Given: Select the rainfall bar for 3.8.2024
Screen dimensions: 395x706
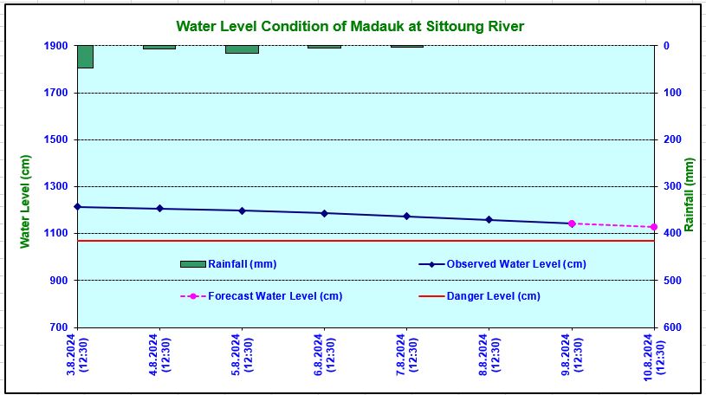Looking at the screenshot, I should [x=85, y=56].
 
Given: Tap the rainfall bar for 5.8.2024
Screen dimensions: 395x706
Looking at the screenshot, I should [x=242, y=49].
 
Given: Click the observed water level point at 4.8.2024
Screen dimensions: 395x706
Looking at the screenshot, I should [x=159, y=209].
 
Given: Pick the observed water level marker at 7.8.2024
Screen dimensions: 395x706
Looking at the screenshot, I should [x=406, y=217].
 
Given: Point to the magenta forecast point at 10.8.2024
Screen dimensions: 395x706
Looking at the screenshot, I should [x=654, y=227].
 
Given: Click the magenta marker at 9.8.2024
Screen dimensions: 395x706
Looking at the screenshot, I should [x=572, y=223].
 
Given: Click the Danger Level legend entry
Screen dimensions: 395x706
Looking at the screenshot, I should [x=493, y=296].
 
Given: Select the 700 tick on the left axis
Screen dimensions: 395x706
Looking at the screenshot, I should [x=58, y=327].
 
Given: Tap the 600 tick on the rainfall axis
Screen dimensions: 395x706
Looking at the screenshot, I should [x=672, y=327].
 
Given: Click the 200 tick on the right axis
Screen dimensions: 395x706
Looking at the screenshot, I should [x=672, y=139].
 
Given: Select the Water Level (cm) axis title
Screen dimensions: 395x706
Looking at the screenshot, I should [x=26, y=201].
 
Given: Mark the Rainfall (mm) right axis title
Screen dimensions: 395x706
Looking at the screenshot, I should [x=690, y=195].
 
